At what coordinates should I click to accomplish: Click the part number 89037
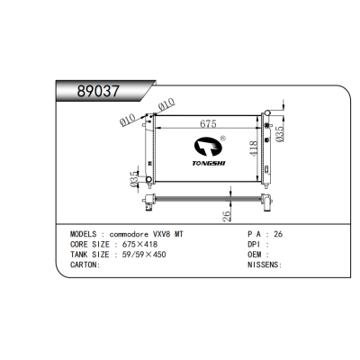[x=98, y=91]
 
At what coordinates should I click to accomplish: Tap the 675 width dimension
[x=208, y=123]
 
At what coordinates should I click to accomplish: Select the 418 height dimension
[x=254, y=148]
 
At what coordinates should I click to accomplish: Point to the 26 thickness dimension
[x=227, y=216]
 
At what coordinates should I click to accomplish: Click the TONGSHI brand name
[x=209, y=163]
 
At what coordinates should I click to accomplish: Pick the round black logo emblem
[x=208, y=147]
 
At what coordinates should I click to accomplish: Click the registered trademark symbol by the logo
[x=223, y=139]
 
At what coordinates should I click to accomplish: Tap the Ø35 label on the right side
[x=279, y=134]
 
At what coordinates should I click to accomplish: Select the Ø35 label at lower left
[x=134, y=179]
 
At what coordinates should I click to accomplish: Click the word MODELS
[x=84, y=234]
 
